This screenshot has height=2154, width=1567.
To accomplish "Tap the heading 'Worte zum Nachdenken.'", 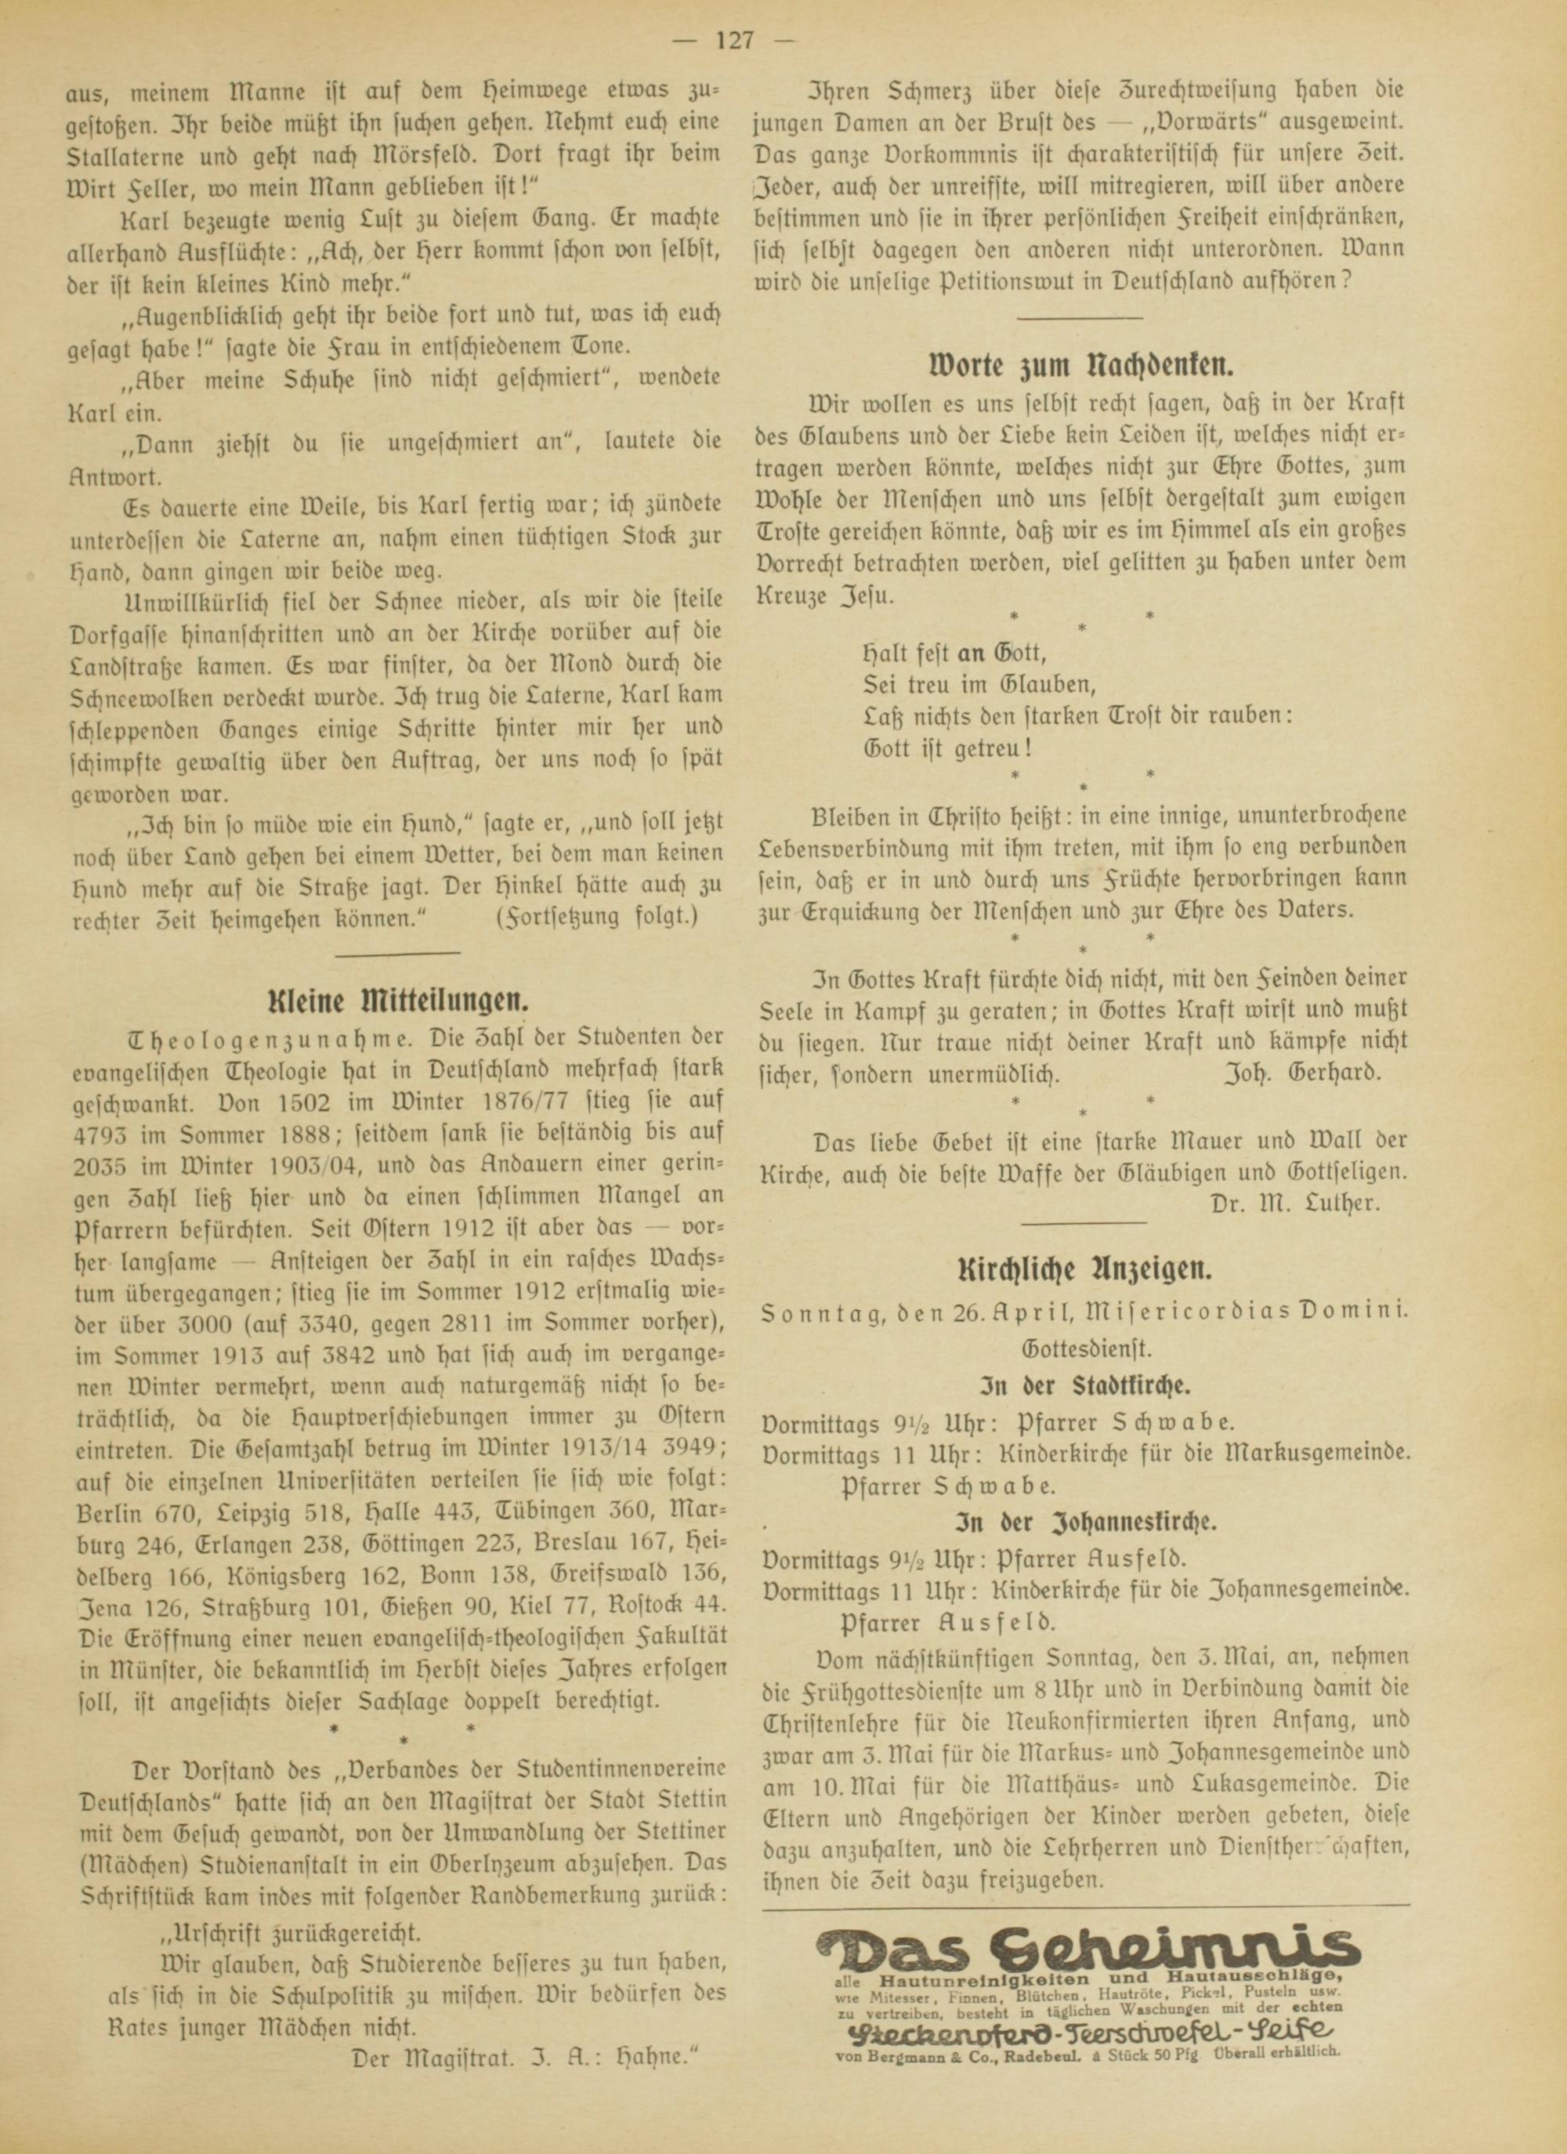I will pos(1082,364).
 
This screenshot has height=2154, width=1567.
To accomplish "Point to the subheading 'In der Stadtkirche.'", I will pos(1083,1383).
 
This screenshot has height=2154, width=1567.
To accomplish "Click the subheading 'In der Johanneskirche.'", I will pos(1083,1521).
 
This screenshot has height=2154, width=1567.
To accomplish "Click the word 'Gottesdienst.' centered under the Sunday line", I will pos(1082,1348).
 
